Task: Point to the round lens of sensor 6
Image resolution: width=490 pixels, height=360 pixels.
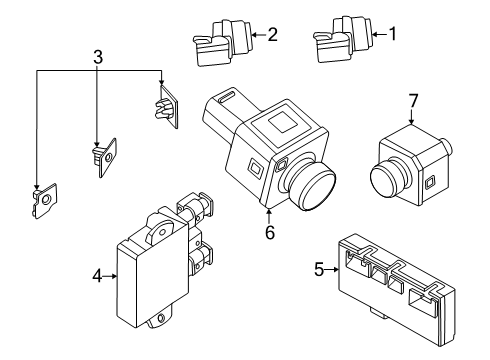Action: coord(311,188)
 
